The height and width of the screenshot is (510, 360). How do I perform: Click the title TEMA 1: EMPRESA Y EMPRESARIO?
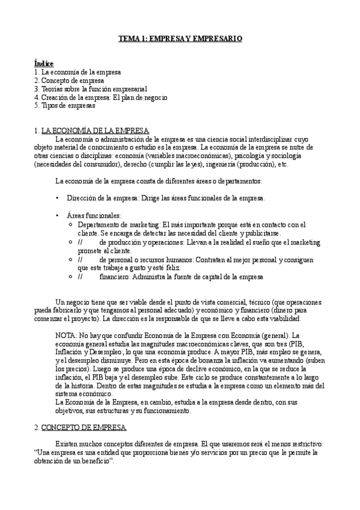tap(180, 38)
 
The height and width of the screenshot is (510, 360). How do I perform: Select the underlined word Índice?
tap(44, 63)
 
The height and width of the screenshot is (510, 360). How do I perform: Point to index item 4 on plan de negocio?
tap(100, 97)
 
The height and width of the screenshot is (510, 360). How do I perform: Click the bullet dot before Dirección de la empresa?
tap(57, 198)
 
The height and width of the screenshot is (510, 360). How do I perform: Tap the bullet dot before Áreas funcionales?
tap(57, 215)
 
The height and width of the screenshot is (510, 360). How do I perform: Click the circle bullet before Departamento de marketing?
tap(72, 224)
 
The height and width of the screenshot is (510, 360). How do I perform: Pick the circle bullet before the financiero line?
tap(72, 277)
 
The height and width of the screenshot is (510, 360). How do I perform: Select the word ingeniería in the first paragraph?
tap(221, 164)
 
